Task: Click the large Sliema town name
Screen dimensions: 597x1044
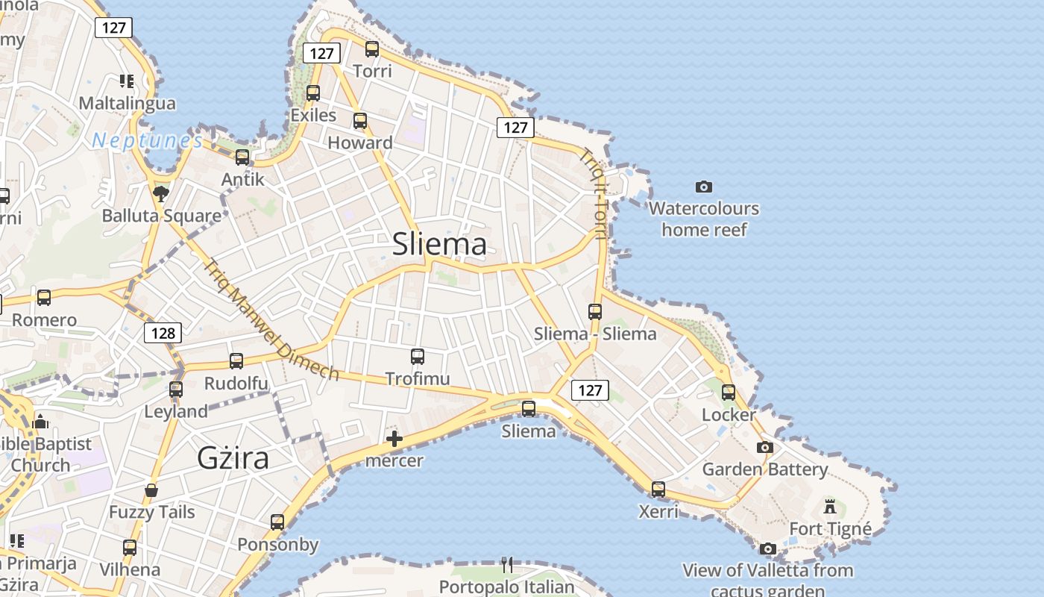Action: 439,244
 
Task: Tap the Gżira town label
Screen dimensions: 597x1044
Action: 233,457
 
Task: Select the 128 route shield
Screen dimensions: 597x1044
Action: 163,333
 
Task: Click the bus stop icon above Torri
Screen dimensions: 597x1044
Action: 372,49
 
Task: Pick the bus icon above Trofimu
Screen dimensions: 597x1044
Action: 418,357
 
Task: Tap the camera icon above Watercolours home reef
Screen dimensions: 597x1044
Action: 703,187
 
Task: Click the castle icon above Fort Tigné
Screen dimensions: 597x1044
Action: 830,507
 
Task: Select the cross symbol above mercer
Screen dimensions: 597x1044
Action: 394,439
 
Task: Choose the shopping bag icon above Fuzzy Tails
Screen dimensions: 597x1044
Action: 151,490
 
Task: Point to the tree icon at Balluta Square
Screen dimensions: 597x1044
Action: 160,194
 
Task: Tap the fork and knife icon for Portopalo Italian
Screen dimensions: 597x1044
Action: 507,564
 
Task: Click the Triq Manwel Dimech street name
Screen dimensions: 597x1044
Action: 272,319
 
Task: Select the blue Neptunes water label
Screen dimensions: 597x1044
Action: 147,140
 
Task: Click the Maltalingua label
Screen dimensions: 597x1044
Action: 128,103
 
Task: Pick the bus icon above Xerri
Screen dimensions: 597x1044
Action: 658,490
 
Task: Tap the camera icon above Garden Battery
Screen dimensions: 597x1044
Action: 765,448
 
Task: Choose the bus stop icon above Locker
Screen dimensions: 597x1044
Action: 729,393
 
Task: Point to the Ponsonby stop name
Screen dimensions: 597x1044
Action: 278,545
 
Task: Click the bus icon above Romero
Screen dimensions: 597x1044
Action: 44,298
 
